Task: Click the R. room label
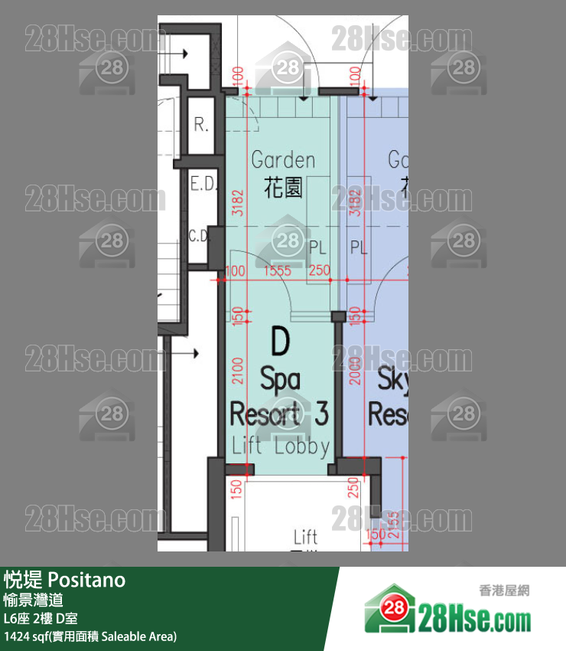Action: (x=201, y=126)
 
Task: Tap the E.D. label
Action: (x=203, y=185)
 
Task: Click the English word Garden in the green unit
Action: (x=283, y=160)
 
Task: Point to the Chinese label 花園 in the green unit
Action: (x=283, y=188)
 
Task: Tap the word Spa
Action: (x=280, y=378)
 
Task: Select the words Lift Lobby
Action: (x=280, y=447)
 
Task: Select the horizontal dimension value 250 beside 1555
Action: (x=319, y=271)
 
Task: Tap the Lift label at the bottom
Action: (x=305, y=536)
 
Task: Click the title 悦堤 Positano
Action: (x=64, y=580)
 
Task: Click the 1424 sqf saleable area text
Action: (x=90, y=636)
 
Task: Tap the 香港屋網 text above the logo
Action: (x=504, y=590)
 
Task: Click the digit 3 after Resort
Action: (x=320, y=414)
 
